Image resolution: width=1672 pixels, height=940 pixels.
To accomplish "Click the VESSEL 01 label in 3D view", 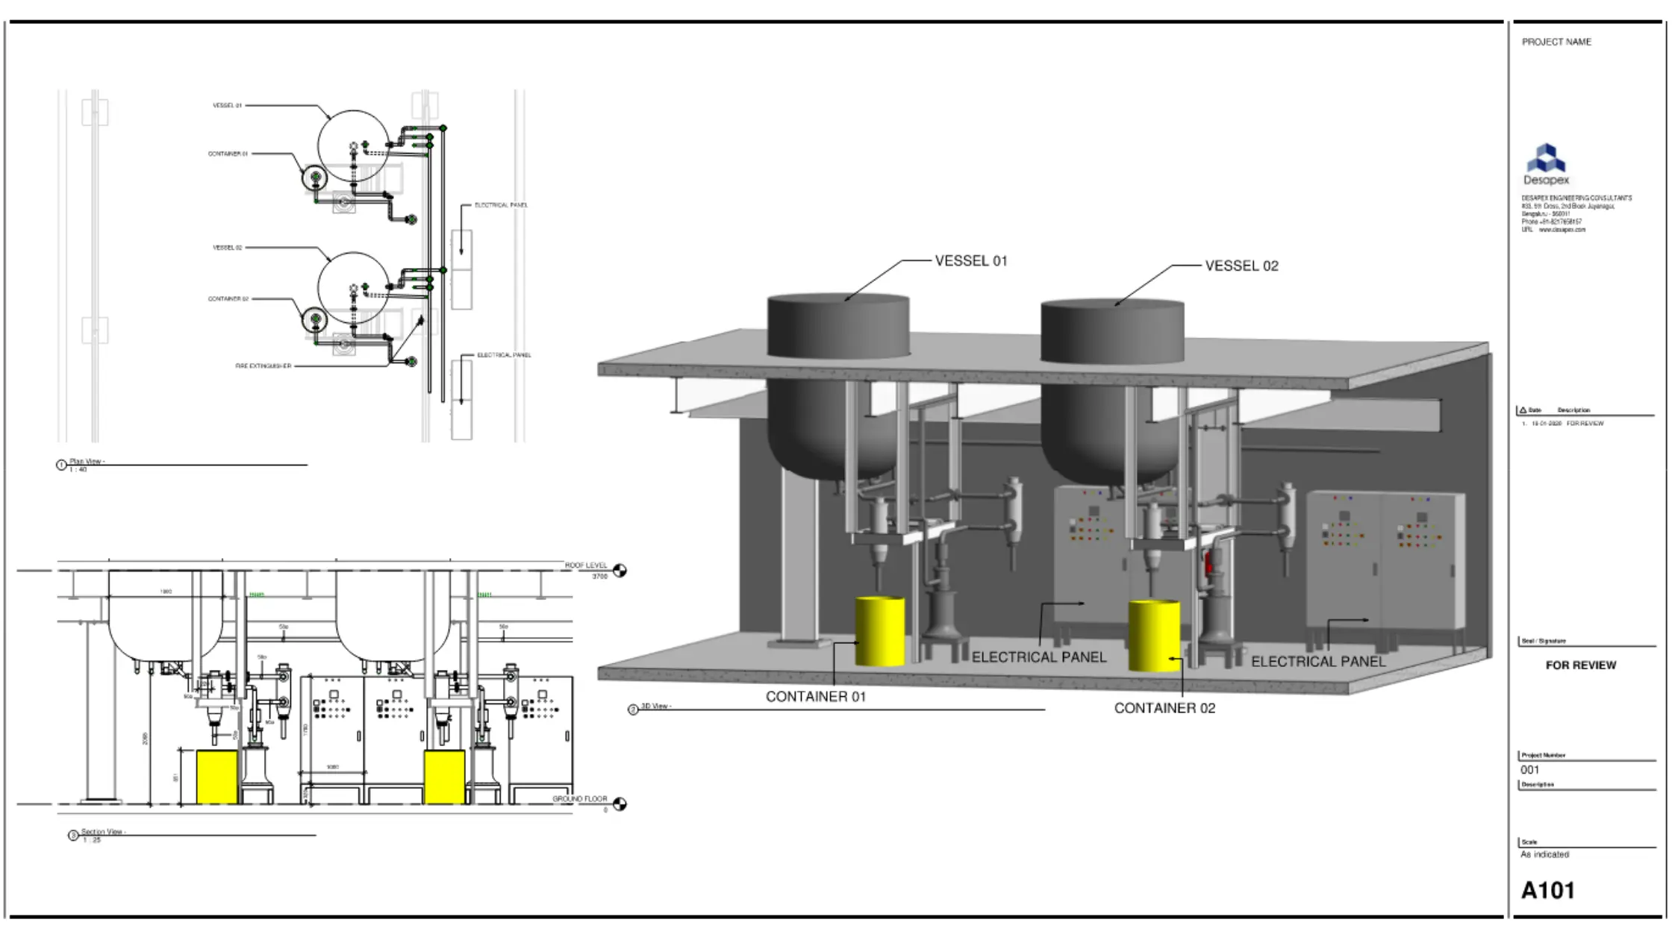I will (x=970, y=261).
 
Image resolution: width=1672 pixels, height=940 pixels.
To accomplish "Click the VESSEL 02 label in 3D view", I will (x=1241, y=266).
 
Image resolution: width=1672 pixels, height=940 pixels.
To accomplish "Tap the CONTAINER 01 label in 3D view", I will (x=815, y=697).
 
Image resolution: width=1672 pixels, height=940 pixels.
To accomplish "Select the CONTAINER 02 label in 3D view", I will (x=1164, y=708).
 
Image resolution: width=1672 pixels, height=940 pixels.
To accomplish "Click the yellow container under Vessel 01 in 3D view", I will (x=880, y=631).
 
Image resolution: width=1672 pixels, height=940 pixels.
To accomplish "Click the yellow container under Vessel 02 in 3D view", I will (x=1153, y=636).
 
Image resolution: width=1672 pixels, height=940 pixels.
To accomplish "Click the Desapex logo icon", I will (x=1546, y=158).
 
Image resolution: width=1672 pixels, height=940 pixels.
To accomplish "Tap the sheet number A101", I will (x=1547, y=890).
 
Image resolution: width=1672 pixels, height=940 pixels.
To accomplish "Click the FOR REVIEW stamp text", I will (x=1580, y=665).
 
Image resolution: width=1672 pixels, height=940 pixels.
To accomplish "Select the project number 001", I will (x=1529, y=770).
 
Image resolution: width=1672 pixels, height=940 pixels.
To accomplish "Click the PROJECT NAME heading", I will (x=1556, y=42).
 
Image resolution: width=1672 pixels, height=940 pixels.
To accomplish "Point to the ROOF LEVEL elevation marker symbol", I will (x=620, y=571).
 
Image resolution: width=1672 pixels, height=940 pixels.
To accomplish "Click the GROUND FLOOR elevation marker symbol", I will (x=620, y=803).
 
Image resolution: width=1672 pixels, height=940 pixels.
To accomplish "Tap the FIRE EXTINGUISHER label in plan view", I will (x=263, y=366).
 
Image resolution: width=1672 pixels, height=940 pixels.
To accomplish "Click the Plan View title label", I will (x=87, y=462).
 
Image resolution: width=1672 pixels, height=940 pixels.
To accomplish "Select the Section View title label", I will (x=102, y=832).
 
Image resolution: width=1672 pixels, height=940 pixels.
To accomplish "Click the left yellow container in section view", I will (x=216, y=777).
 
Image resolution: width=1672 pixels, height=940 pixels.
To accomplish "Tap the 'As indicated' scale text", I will (x=1544, y=855).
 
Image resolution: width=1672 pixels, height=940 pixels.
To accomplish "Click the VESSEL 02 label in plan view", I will (x=227, y=248).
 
